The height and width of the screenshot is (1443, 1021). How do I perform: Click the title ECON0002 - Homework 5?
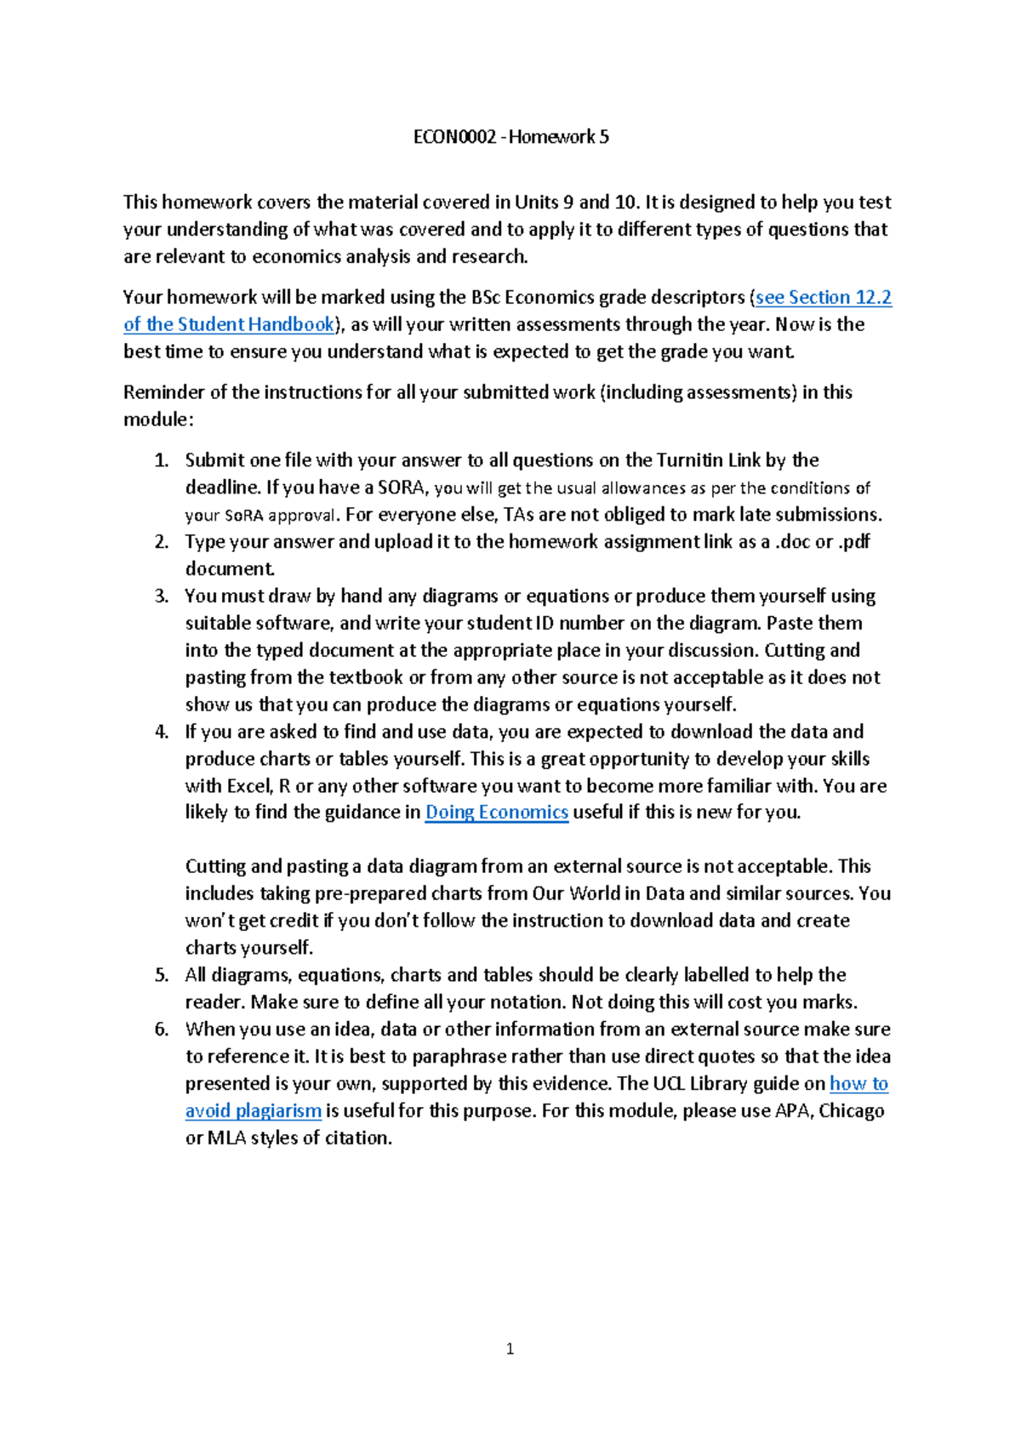(510, 137)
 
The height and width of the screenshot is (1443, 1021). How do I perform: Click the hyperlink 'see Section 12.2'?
(823, 297)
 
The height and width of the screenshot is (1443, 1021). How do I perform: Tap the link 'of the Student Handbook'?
(229, 324)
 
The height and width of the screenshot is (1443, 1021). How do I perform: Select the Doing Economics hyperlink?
(496, 812)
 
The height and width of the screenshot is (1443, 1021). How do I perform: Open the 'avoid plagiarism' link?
(253, 1110)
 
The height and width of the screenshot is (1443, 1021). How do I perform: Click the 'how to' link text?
(858, 1083)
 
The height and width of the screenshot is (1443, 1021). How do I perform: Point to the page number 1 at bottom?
(510, 1349)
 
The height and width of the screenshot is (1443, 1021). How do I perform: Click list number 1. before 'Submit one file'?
(161, 460)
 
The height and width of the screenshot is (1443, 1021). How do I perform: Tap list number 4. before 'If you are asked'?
(161, 732)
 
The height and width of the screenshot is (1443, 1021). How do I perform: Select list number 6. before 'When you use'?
(161, 1029)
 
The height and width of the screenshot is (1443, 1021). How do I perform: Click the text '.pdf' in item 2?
(853, 542)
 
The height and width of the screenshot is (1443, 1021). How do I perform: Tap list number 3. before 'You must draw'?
(161, 596)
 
